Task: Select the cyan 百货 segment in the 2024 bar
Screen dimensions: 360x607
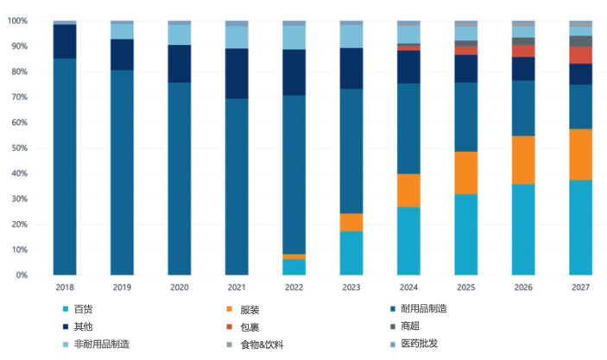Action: (408, 241)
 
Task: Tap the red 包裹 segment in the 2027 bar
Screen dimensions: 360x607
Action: (580, 55)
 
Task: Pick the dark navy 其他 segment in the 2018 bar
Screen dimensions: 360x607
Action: (65, 41)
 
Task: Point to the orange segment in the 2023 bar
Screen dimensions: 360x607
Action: (351, 222)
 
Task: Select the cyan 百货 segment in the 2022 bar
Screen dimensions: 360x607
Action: (294, 267)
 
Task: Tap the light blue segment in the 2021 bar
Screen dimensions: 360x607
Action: (237, 37)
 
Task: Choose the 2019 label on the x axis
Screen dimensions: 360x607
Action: (122, 287)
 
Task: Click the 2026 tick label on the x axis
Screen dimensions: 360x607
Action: (523, 287)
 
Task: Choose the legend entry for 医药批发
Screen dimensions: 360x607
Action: (420, 344)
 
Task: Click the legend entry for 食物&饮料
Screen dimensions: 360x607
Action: (261, 344)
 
